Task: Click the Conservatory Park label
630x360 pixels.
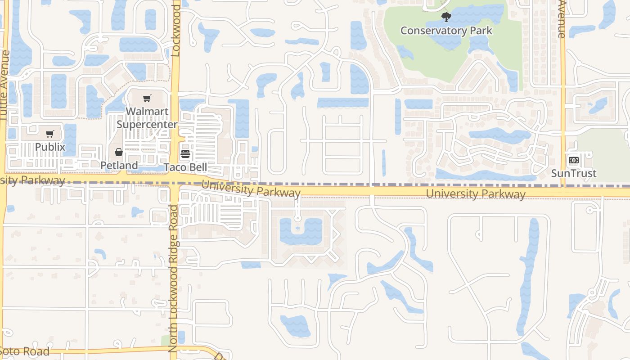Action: pyautogui.click(x=446, y=31)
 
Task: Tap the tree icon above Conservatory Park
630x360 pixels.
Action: pyautogui.click(x=446, y=18)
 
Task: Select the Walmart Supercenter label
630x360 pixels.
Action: pyautogui.click(x=147, y=118)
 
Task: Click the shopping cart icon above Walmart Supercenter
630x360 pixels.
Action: pyautogui.click(x=147, y=99)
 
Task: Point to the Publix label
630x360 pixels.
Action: pyautogui.click(x=50, y=147)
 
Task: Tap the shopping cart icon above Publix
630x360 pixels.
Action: pyautogui.click(x=50, y=134)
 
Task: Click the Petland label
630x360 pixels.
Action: pyautogui.click(x=119, y=166)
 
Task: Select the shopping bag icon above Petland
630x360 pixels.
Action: pyautogui.click(x=118, y=152)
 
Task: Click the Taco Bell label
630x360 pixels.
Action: pyautogui.click(x=185, y=167)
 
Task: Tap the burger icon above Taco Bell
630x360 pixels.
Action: pyautogui.click(x=185, y=154)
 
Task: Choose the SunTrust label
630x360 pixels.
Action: pyautogui.click(x=574, y=173)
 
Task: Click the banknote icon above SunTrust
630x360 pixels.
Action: pyautogui.click(x=573, y=160)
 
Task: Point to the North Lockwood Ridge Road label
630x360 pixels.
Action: pyautogui.click(x=173, y=278)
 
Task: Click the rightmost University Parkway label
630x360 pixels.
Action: pyautogui.click(x=476, y=194)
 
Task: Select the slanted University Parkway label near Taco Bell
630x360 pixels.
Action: pyautogui.click(x=251, y=189)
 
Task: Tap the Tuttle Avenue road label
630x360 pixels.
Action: pyautogui.click(x=5, y=85)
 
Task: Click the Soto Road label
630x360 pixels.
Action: pyautogui.click(x=25, y=351)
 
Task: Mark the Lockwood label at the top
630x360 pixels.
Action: pyautogui.click(x=175, y=28)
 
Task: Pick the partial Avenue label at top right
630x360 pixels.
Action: pyautogui.click(x=561, y=19)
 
